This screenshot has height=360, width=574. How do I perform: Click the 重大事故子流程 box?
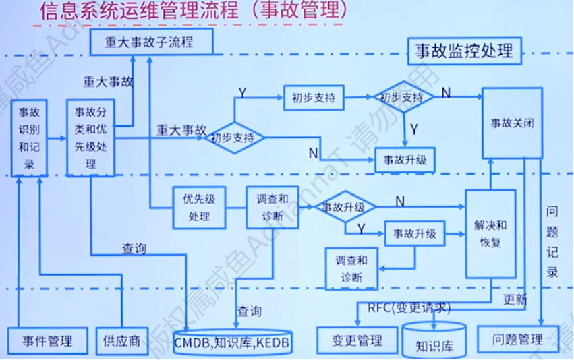[152, 42]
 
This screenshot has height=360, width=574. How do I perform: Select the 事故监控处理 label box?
[464, 51]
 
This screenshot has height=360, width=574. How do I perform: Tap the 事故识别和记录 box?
[30, 138]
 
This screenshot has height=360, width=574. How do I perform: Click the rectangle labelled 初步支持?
[314, 98]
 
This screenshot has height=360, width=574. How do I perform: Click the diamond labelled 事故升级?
[344, 207]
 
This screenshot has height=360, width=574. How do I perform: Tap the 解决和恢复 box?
[490, 233]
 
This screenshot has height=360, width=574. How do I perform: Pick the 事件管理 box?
[47, 340]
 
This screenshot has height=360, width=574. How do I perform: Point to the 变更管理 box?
[357, 340]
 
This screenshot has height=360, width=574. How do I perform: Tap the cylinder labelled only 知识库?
[434, 342]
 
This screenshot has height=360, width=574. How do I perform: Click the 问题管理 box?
[517, 340]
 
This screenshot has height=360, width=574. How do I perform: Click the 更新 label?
[516, 300]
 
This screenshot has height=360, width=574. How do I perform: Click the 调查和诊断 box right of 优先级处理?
[272, 208]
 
